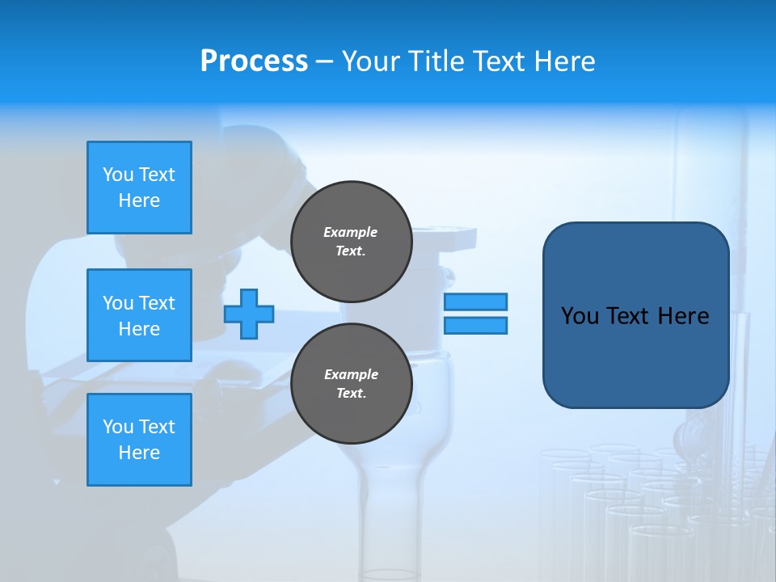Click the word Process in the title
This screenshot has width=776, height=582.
point(254,61)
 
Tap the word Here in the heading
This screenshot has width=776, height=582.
point(563,61)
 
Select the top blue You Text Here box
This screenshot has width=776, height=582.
point(139,188)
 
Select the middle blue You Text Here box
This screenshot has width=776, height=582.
point(139,315)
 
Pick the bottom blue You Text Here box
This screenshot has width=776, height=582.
point(139,440)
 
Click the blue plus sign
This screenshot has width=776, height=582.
point(249,314)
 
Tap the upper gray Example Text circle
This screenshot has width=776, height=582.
point(351,242)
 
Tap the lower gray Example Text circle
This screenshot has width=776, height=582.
point(351,384)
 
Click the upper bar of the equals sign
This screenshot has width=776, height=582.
point(475,302)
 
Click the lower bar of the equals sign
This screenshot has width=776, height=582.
point(475,325)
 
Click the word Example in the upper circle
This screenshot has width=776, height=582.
point(351,232)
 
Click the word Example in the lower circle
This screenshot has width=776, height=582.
point(351,374)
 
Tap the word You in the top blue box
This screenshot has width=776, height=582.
point(118,175)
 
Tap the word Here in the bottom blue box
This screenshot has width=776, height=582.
point(139,453)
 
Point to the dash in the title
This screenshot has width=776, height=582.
point(324,61)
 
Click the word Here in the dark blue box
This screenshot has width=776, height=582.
point(683,316)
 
